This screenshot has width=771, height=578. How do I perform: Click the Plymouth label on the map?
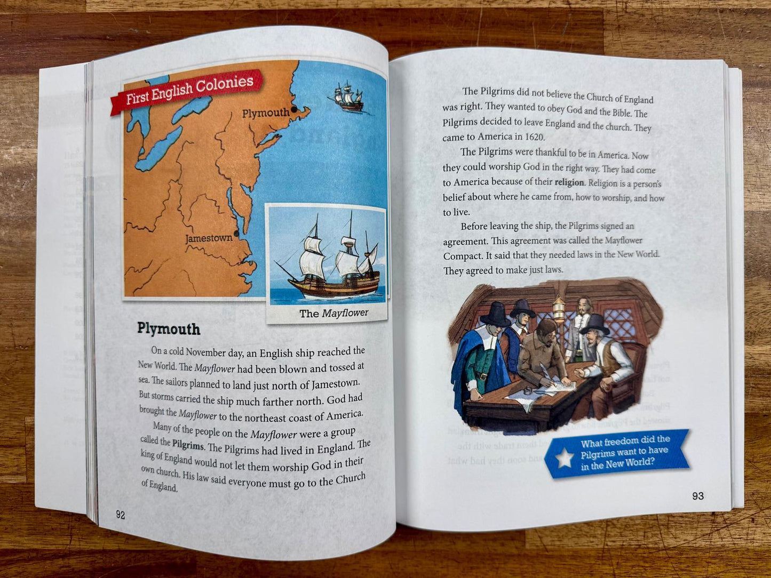coord(265,113)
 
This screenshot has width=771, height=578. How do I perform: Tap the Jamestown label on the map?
coord(209,238)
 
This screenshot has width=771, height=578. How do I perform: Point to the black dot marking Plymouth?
coord(294,109)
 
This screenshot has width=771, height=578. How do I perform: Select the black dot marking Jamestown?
coord(236,234)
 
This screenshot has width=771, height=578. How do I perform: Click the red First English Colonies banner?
coord(187,91)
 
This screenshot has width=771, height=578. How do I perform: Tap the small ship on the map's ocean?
coord(347,97)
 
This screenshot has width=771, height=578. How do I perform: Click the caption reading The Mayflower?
coord(333,313)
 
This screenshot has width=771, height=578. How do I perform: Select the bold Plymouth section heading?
coord(169,328)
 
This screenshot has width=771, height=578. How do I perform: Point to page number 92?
coord(121,515)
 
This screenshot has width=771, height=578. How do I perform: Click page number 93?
coord(697,496)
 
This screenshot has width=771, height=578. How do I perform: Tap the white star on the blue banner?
coord(564,457)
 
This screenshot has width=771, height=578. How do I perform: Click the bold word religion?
coord(569,182)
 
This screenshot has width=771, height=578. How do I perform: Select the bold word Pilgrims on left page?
coord(188,445)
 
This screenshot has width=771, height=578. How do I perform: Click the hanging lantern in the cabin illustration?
coord(558,309)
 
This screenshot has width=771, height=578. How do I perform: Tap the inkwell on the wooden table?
coord(528,391)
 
